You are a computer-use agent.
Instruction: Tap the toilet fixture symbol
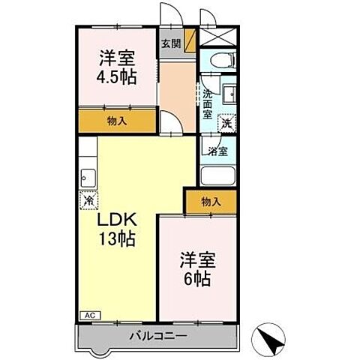pos(222,60)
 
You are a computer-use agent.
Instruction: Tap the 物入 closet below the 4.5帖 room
pos(116,120)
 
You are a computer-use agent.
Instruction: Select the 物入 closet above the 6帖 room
pos(211,202)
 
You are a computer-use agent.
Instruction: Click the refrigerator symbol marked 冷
pos(88,201)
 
